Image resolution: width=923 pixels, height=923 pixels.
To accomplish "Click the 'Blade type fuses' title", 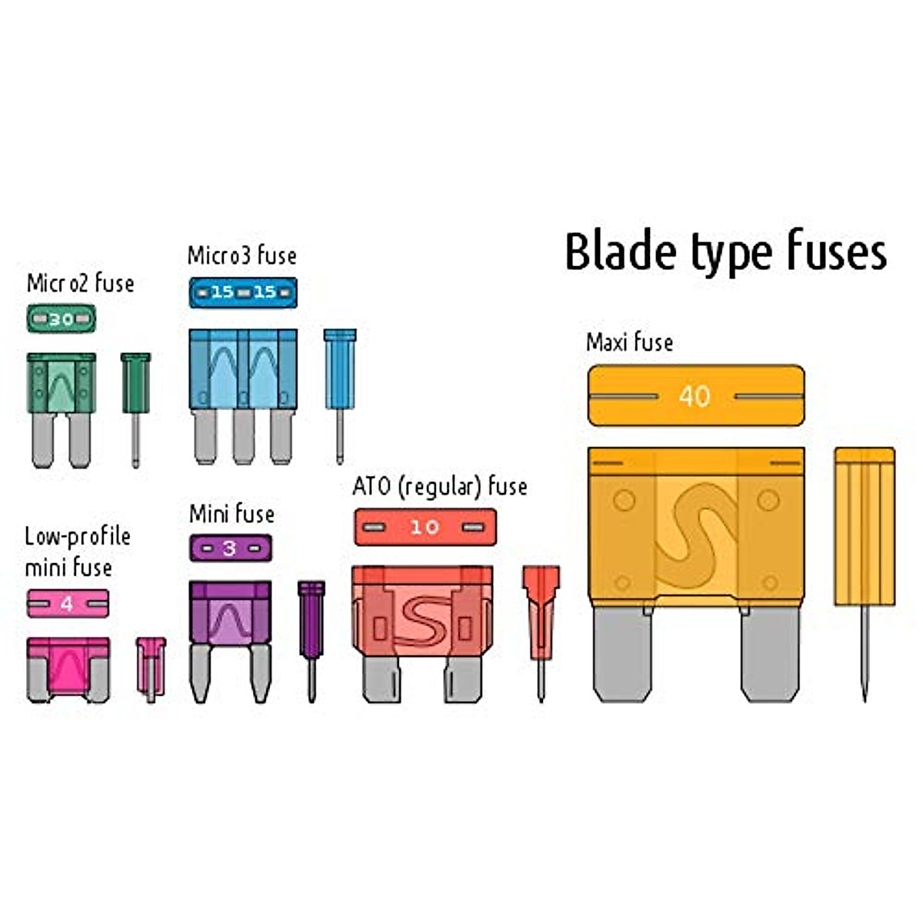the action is click(x=725, y=252).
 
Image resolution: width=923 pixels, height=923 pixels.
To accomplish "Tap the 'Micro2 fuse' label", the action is click(x=80, y=283).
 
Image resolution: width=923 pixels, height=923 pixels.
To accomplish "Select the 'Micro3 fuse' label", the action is click(x=242, y=255).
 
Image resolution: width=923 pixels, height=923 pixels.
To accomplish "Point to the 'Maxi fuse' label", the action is click(x=629, y=342).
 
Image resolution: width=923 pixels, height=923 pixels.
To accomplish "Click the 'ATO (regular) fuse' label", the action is click(x=439, y=487).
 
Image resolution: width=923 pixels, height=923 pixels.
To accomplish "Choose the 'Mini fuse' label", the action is click(x=232, y=513).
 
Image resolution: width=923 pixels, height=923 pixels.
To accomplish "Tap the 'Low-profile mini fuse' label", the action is click(x=77, y=551).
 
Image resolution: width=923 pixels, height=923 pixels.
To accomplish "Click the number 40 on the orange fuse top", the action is click(x=695, y=396).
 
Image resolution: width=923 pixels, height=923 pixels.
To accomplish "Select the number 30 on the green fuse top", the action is click(x=61, y=319).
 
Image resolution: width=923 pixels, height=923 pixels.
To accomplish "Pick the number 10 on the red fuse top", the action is click(x=424, y=527).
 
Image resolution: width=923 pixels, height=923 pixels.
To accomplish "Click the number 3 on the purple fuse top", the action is click(x=229, y=548).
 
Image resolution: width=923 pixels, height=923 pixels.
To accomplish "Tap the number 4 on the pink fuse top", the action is click(x=67, y=604).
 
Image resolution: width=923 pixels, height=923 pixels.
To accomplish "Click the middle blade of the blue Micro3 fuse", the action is click(x=243, y=435).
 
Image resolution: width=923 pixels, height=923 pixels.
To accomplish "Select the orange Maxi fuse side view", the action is click(x=865, y=531).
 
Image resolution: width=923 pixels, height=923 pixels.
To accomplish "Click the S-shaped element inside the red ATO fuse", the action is click(x=420, y=620).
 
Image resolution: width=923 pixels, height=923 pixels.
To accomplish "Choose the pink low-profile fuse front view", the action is click(x=68, y=668).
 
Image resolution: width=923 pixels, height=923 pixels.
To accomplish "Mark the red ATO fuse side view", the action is click(x=541, y=615).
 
